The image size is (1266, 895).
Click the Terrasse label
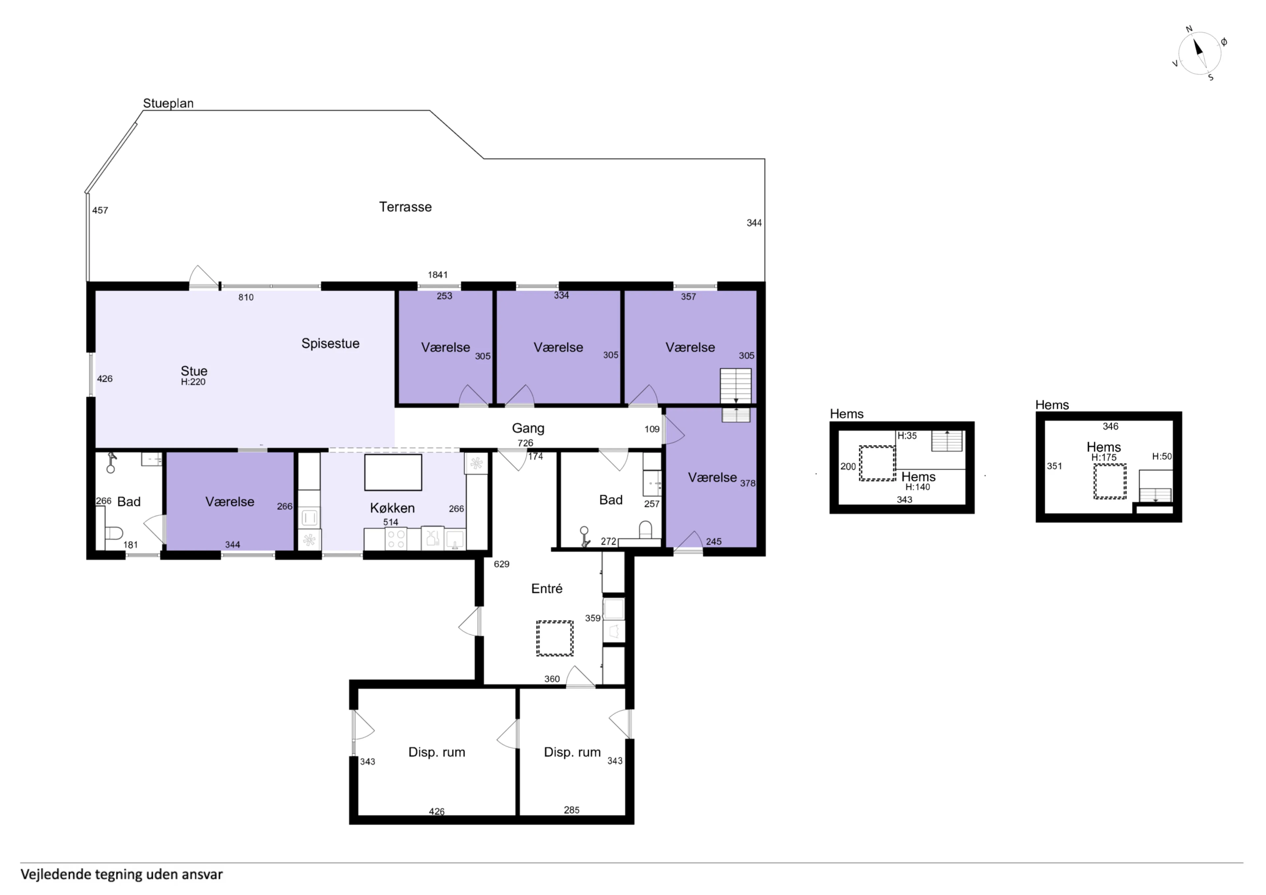point(405,207)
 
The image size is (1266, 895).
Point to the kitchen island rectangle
point(393,473)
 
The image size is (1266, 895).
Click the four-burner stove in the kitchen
point(395,539)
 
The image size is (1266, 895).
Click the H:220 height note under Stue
point(193,382)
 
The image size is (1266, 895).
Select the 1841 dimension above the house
point(438,275)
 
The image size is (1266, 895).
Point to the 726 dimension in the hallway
point(526,443)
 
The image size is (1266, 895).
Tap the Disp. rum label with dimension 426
point(437,752)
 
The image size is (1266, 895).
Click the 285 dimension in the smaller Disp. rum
point(572,810)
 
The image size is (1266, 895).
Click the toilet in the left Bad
point(112,533)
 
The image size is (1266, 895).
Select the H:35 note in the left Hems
point(907,436)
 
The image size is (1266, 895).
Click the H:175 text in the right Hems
point(1104,457)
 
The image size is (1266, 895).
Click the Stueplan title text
point(168,103)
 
